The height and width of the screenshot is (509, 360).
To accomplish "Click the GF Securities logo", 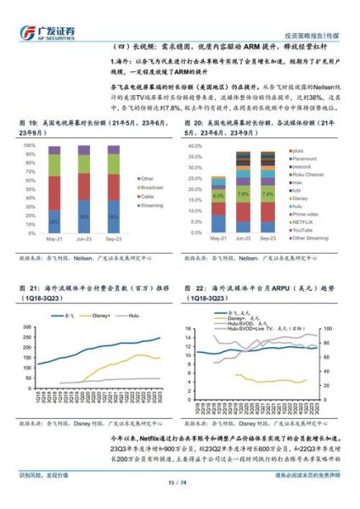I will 46,31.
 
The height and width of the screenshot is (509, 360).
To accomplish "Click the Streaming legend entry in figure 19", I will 151,204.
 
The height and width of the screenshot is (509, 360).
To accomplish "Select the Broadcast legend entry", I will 152,187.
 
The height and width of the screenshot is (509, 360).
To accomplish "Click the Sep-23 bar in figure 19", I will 114,188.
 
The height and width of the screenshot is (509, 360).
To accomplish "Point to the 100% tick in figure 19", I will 31,145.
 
